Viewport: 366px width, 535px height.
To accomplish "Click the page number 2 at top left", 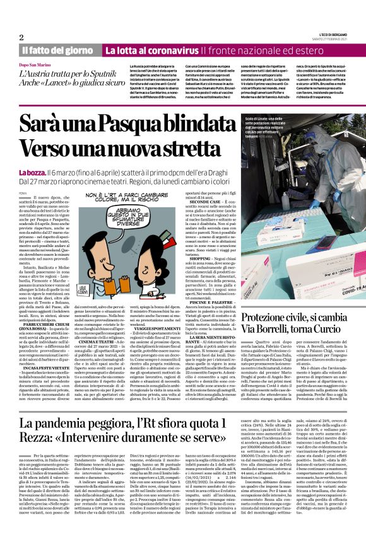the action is [x=21, y=37].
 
